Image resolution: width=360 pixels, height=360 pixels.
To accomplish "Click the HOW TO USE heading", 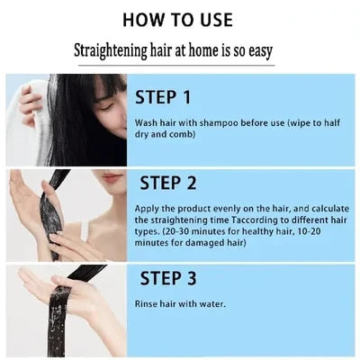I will click(x=180, y=18).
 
